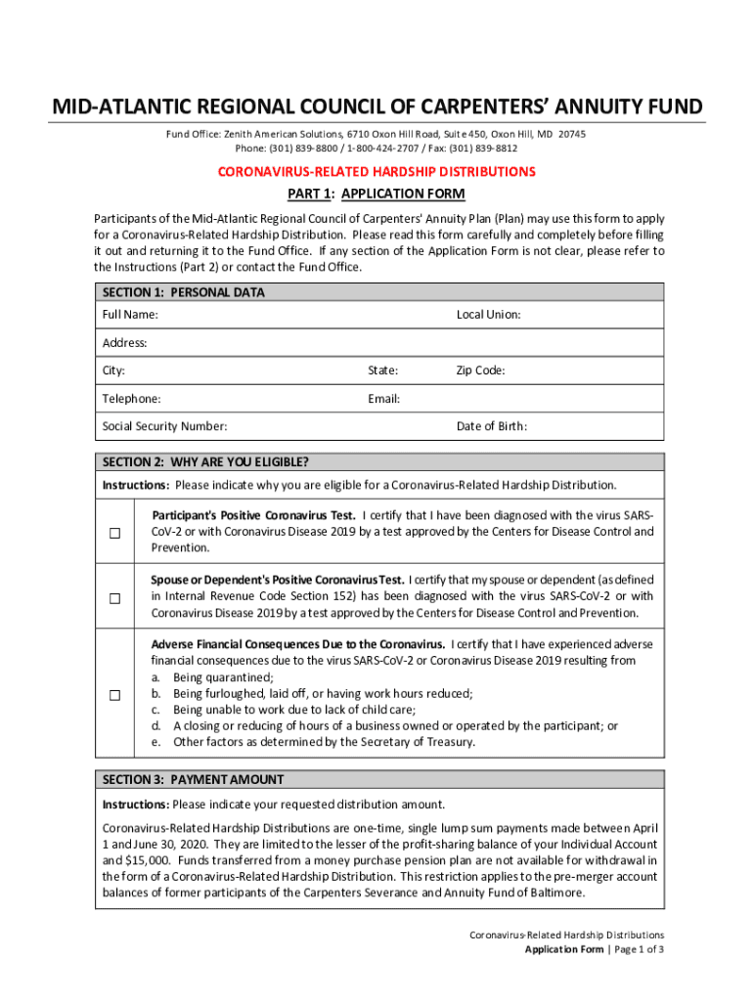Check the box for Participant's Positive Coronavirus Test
114,533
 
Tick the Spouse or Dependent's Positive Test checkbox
114,597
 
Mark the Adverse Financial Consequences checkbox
114,695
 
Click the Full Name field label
130,315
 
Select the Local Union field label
488,315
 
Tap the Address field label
125,343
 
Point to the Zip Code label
480,371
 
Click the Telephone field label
132,399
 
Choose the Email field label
383,399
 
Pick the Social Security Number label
165,426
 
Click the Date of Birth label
492,426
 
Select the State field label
382,371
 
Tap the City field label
113,371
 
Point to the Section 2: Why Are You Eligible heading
205,462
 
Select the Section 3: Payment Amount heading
194,780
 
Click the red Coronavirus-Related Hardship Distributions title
376,172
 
